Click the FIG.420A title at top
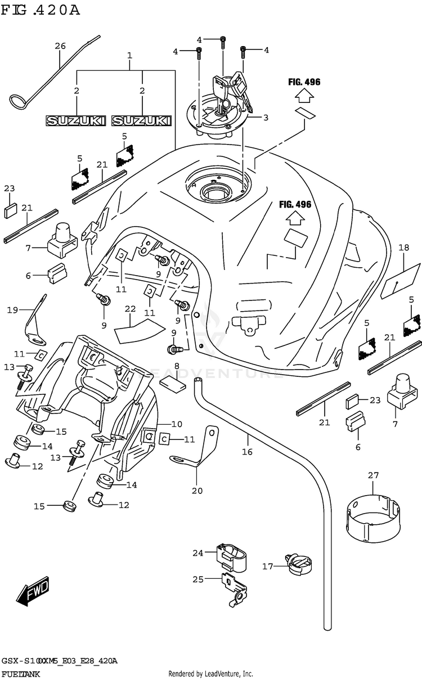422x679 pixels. [x=41, y=10]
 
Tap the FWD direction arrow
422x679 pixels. [x=33, y=593]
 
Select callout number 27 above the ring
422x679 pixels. [x=374, y=475]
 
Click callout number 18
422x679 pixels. [x=403, y=247]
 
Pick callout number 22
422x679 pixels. [x=131, y=308]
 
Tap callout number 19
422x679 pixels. [x=12, y=309]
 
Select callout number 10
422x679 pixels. [x=177, y=424]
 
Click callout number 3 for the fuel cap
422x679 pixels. [x=266, y=118]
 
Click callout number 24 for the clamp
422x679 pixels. [x=197, y=553]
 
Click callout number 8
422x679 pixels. [x=177, y=366]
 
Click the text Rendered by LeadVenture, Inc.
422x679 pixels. [x=211, y=673]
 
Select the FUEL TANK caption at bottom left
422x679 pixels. [x=21, y=673]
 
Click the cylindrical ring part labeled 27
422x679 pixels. [x=374, y=515]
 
